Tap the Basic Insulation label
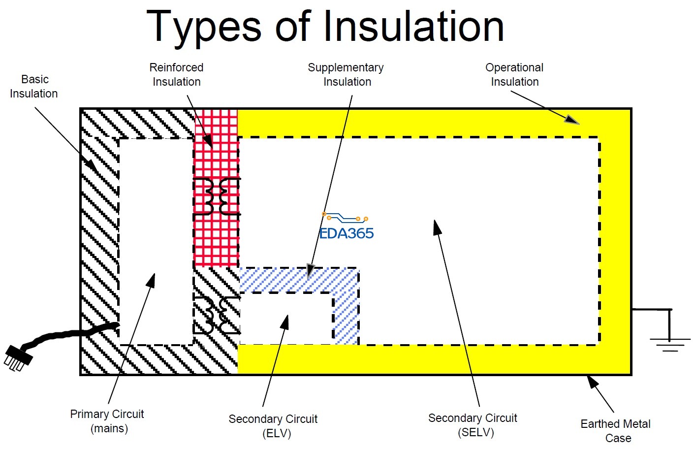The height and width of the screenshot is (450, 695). coord(34,86)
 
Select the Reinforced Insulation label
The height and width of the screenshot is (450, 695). coord(176,74)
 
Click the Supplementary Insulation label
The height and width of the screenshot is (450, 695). coord(346,74)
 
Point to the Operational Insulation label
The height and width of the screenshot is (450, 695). coord(514,74)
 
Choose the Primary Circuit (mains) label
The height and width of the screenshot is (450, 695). coord(107,421)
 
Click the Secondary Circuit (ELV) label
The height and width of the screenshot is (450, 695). coord(273,426)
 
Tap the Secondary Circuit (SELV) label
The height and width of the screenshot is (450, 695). coord(473,425)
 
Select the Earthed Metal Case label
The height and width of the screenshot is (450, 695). coord(616,430)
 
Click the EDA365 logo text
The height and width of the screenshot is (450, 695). coord(347,233)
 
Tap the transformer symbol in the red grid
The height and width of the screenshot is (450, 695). coord(217,197)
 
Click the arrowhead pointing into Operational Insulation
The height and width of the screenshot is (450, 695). coord(572,120)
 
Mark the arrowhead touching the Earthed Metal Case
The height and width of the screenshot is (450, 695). coord(592,382)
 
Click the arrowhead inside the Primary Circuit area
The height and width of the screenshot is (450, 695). coord(151,281)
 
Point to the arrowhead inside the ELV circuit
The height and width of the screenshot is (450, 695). coord(284,322)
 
